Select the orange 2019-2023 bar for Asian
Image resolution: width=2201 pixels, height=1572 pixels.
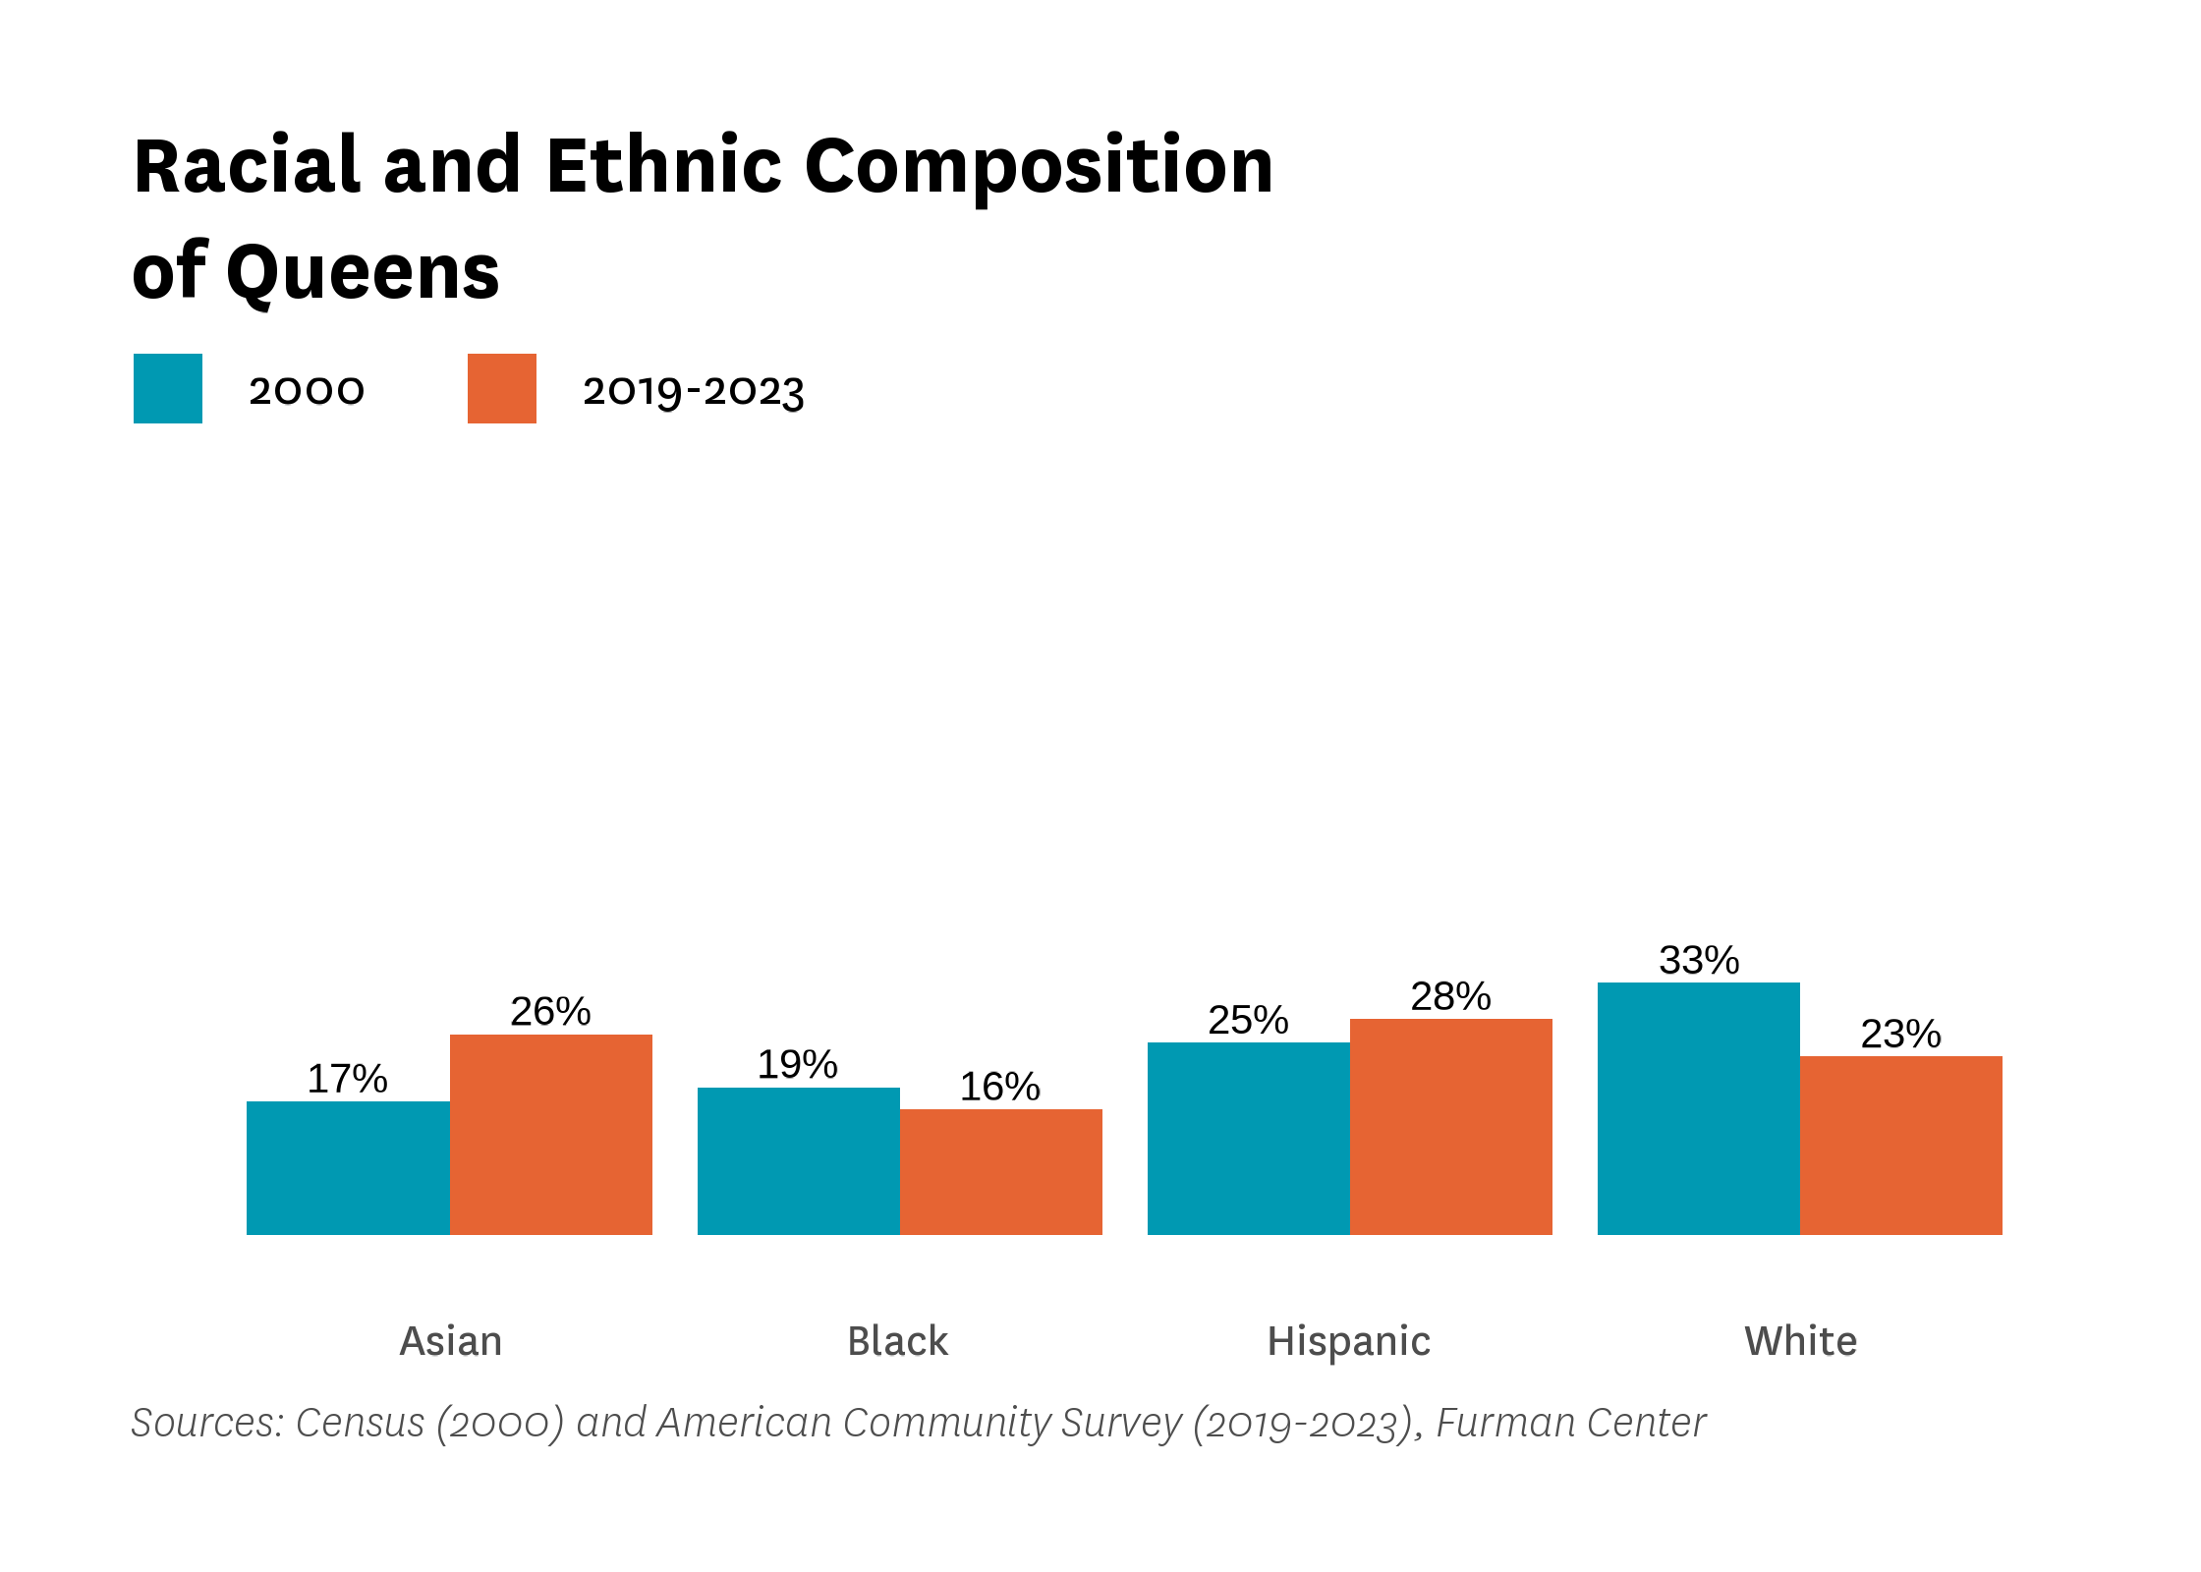coord(550,1134)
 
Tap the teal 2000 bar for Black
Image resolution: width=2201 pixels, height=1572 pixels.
coord(798,1160)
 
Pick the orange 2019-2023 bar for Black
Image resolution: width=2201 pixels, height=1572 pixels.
coord(1000,1171)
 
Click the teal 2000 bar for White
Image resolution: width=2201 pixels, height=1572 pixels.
coord(1698,1108)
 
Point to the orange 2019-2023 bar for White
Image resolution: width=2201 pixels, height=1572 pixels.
coord(1900,1145)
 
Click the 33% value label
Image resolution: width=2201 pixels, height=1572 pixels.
coord(1699,960)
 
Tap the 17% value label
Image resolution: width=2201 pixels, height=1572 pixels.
coord(347,1079)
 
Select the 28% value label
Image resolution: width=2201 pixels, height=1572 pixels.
coord(1450,996)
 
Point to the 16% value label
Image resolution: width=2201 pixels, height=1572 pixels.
coord(999,1087)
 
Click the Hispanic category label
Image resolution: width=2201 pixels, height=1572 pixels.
coord(1348,1341)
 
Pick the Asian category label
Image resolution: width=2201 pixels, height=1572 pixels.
coord(450,1341)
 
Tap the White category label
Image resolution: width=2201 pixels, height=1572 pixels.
coord(1800,1341)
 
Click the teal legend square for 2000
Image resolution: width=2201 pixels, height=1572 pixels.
coord(168,388)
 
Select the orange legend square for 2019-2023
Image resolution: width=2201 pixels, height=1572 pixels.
coord(502,388)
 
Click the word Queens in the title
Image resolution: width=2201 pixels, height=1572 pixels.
coord(363,272)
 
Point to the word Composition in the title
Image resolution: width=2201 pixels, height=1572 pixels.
coord(1038,167)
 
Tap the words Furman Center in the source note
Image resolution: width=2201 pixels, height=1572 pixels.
coord(1570,1423)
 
